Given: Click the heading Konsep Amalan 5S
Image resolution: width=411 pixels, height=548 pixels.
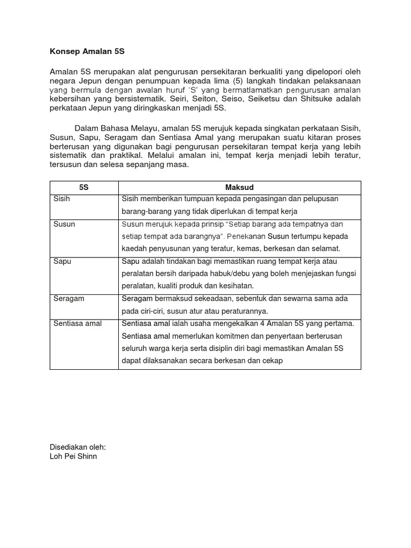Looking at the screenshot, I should click(x=87, y=51).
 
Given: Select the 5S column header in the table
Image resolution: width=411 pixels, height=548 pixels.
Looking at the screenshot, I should click(x=84, y=187).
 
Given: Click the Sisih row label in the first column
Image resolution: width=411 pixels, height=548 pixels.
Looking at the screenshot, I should click(x=62, y=199).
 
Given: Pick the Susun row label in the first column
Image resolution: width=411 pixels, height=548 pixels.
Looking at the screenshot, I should click(x=64, y=224).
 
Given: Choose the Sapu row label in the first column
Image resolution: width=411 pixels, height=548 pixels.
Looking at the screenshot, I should click(x=63, y=261).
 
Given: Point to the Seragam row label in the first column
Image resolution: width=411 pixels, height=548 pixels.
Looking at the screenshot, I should click(x=69, y=299).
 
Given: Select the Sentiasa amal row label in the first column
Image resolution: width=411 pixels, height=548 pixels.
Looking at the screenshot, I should click(x=78, y=323).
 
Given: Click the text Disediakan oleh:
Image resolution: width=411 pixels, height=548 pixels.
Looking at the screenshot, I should click(x=78, y=447).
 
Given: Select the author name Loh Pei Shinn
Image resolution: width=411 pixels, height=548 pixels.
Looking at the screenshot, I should click(x=73, y=456).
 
